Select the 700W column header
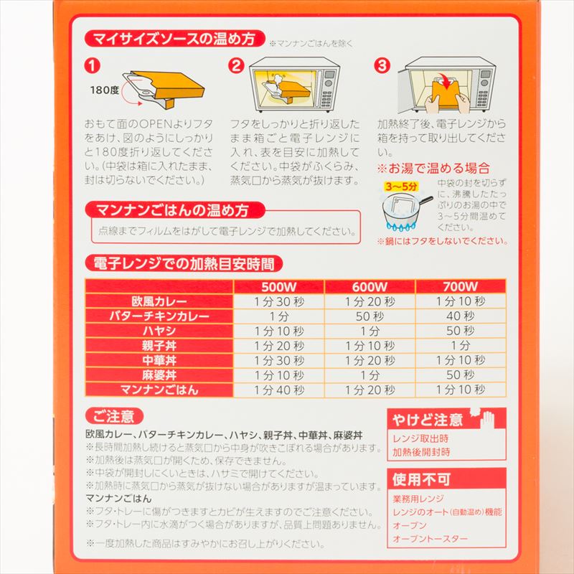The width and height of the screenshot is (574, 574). pyautogui.click(x=461, y=286)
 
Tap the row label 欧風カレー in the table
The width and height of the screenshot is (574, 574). pyautogui.click(x=159, y=301)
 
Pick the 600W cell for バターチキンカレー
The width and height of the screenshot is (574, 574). pyautogui.click(x=370, y=316)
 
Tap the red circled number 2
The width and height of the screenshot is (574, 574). pyautogui.click(x=236, y=65)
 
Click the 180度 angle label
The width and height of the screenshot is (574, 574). pyautogui.click(x=105, y=90)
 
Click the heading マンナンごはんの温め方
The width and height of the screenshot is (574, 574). pyautogui.click(x=174, y=210)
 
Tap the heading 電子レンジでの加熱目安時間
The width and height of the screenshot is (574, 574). pyautogui.click(x=179, y=263)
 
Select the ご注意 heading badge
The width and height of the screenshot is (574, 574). pyautogui.click(x=113, y=416)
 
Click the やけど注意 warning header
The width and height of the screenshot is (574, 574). pyautogui.click(x=428, y=420)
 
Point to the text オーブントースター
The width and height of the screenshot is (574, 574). pyautogui.click(x=430, y=539)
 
